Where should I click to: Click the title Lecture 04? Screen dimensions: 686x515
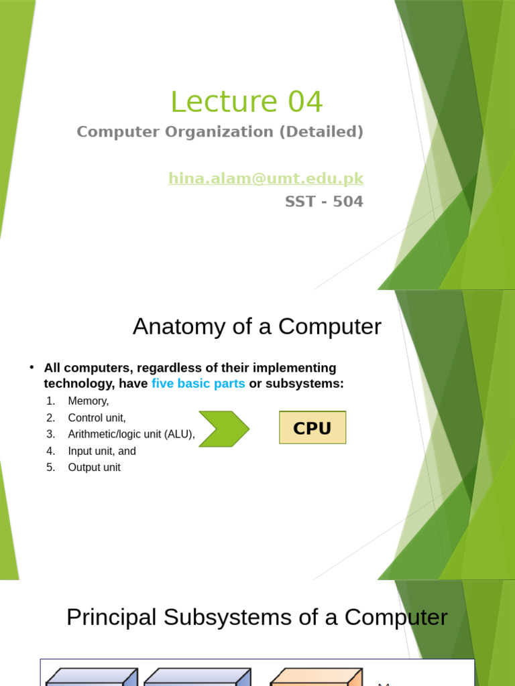246,102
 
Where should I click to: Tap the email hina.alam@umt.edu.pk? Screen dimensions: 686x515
266,178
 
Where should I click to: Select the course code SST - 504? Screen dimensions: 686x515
324,201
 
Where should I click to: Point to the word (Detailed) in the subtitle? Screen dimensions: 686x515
321,132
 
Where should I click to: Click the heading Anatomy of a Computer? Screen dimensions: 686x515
257,326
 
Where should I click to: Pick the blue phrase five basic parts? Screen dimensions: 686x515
198,384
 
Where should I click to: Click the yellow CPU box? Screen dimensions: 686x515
312,428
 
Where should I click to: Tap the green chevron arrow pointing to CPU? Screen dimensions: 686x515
224,429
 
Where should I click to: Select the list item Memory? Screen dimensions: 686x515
88,401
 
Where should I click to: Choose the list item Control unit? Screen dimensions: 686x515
97,417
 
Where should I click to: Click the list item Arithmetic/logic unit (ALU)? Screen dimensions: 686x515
131,434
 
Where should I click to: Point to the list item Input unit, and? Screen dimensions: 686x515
102,451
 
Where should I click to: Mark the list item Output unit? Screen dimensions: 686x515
94,468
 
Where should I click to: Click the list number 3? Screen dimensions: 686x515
50,434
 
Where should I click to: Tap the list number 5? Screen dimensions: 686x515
50,468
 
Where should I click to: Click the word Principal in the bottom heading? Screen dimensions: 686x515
111,617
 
